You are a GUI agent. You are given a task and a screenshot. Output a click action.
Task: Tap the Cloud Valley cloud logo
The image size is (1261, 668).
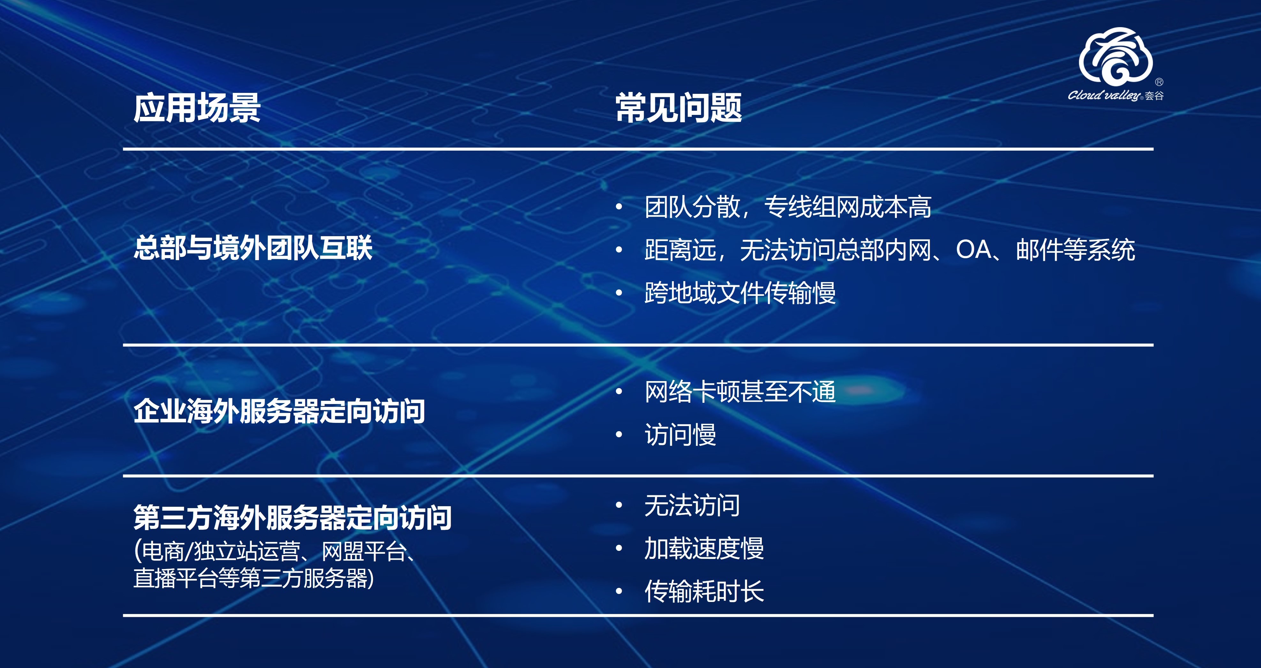(x=1115, y=56)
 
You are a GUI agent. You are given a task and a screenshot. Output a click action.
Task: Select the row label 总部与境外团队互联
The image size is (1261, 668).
(x=253, y=248)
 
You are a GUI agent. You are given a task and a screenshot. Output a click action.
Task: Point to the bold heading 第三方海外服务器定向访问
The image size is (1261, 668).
(x=292, y=517)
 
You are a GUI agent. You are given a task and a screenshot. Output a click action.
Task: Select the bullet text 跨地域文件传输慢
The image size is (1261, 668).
(x=740, y=293)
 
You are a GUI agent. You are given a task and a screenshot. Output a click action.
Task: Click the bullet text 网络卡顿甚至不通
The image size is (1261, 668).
(x=740, y=392)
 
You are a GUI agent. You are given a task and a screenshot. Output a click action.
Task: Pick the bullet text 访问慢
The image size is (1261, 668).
(x=680, y=435)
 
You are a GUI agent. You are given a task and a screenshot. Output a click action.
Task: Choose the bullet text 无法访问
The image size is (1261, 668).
(x=692, y=506)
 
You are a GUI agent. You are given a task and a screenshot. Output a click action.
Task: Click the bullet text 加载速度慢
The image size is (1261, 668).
(x=704, y=548)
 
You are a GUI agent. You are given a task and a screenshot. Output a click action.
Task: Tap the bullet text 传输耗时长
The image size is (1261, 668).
(x=704, y=591)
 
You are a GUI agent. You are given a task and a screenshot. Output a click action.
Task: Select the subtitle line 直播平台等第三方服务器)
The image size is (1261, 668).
(x=253, y=578)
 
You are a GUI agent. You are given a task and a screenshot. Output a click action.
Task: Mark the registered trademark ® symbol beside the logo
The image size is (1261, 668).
(x=1159, y=82)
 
